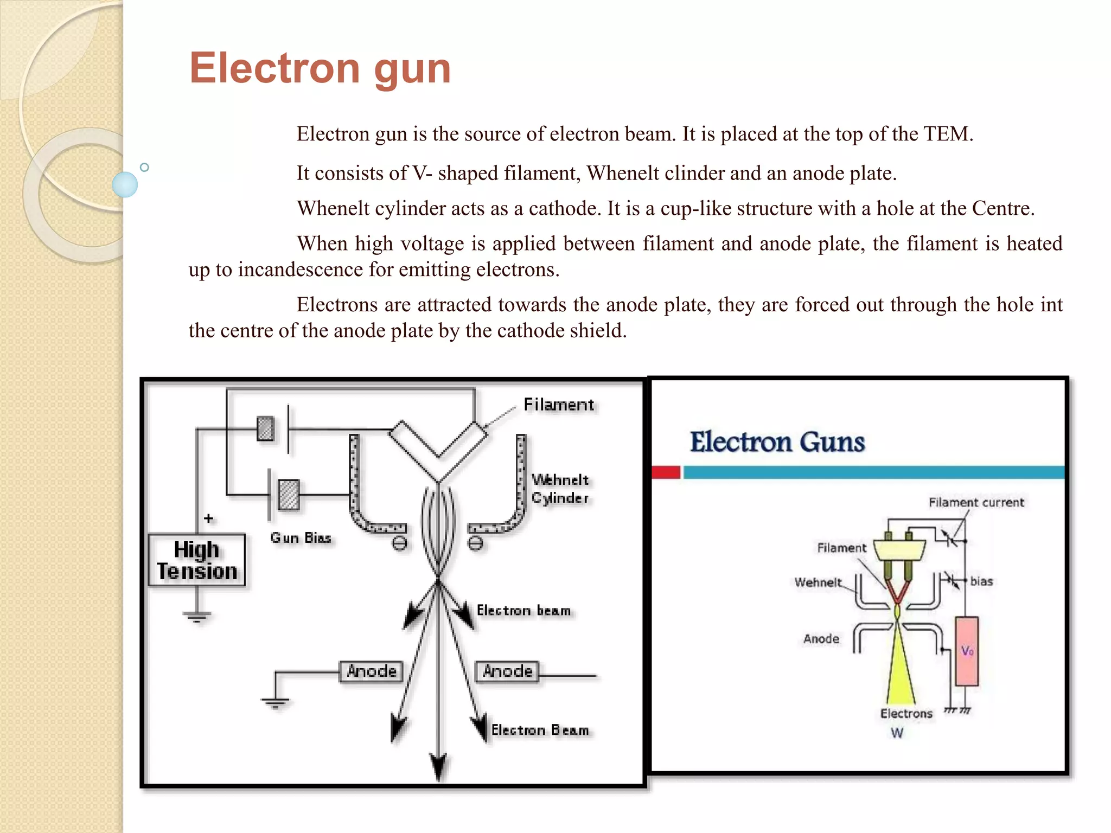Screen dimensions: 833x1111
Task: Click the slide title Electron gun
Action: click(x=320, y=69)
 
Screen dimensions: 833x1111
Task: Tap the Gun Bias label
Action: click(x=301, y=537)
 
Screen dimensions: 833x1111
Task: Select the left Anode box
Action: click(x=372, y=671)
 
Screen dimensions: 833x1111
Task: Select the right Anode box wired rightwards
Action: click(x=508, y=671)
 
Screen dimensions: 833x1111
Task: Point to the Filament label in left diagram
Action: click(x=558, y=405)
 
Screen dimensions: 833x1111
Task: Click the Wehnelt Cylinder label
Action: click(x=560, y=489)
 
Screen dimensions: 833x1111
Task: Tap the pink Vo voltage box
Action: click(x=967, y=651)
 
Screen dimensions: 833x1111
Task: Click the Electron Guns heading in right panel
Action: click(x=777, y=442)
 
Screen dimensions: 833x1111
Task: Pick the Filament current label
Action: click(x=976, y=502)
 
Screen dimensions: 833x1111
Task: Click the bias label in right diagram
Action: click(x=981, y=581)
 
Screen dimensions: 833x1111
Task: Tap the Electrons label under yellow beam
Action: click(x=906, y=714)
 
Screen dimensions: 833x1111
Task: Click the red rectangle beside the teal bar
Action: click(x=666, y=472)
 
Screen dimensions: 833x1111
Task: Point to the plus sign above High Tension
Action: click(x=208, y=518)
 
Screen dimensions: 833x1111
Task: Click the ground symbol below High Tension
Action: click(x=197, y=617)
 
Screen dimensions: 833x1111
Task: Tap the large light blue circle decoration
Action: click(x=125, y=184)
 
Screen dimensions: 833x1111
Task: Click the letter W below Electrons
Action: click(x=897, y=733)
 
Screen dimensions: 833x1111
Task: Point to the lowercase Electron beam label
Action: click(x=523, y=611)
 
